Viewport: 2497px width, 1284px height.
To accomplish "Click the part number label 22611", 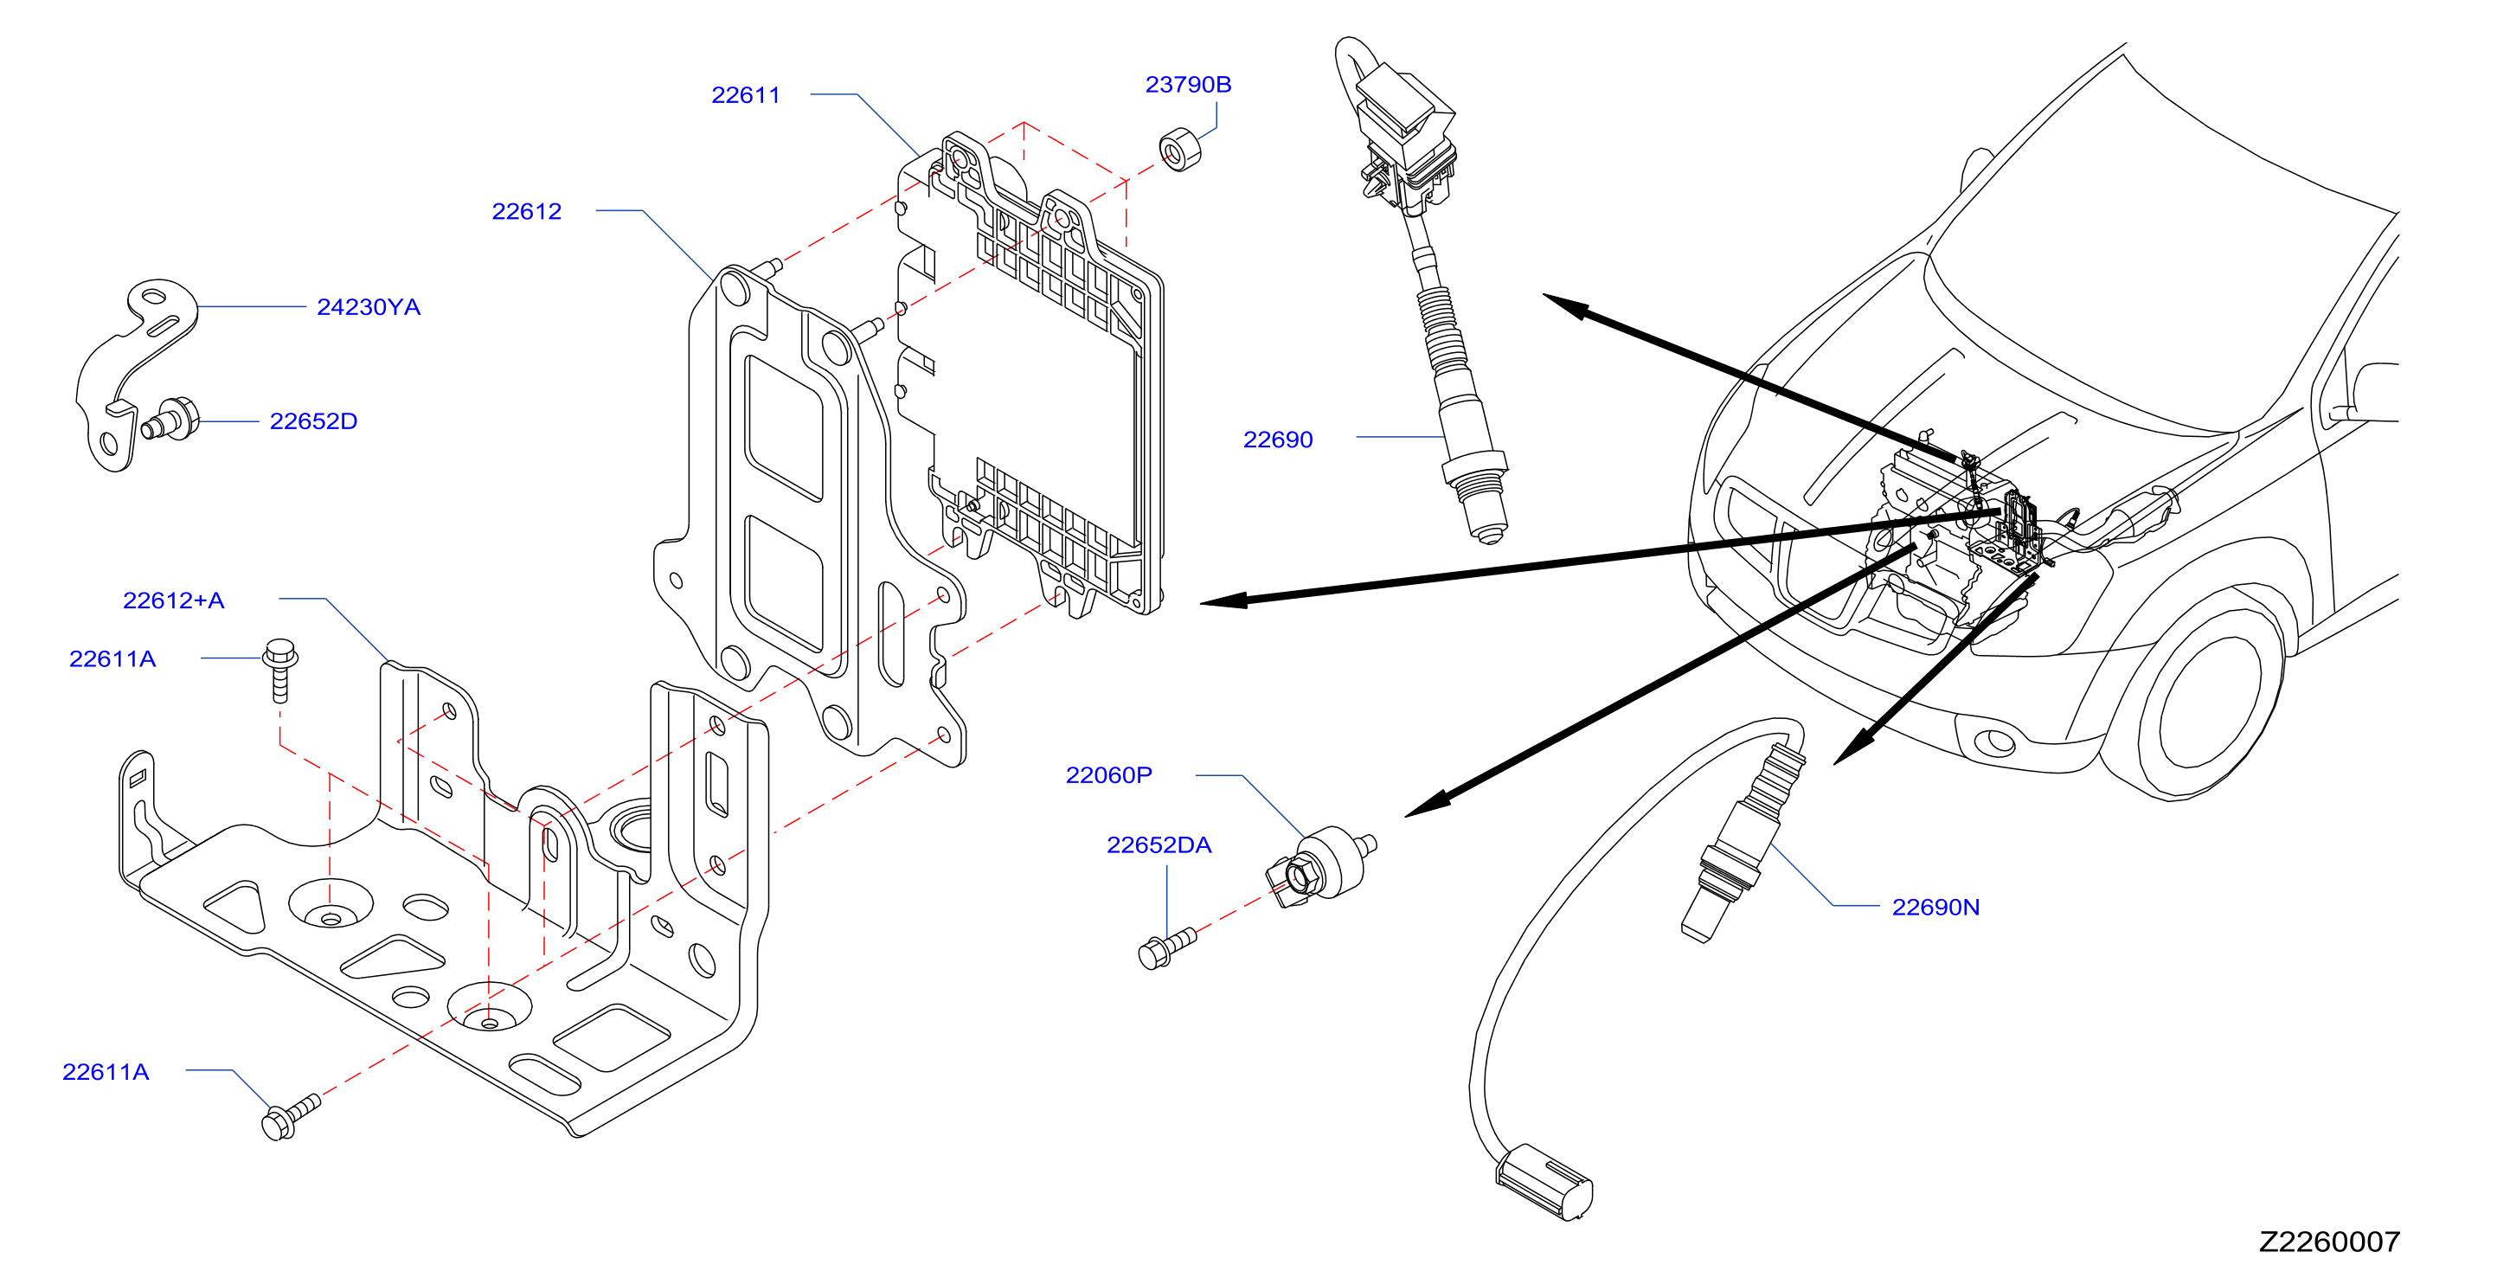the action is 746,95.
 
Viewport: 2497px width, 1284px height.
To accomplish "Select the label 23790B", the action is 1189,84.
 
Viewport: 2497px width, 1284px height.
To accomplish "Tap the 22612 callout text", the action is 526,211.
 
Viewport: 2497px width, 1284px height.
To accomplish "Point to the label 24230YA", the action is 369,307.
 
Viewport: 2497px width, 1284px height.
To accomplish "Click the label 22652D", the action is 313,421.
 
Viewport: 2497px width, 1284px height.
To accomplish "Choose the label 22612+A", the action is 174,600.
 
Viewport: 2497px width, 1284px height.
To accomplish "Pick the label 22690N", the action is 1935,907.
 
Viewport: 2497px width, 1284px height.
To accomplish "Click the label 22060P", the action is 1109,775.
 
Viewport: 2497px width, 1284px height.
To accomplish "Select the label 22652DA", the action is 1159,845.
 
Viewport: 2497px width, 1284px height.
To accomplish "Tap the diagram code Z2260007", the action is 2329,1242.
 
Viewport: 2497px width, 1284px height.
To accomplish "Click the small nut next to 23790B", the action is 1179,149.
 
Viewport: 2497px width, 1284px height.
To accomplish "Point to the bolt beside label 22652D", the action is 170,420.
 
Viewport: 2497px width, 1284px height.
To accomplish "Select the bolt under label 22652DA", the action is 1167,947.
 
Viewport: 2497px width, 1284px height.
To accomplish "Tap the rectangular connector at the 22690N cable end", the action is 1544,1181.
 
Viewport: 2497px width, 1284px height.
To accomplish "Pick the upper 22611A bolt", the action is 280,669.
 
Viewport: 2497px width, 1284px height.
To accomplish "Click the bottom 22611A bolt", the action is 290,1117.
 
